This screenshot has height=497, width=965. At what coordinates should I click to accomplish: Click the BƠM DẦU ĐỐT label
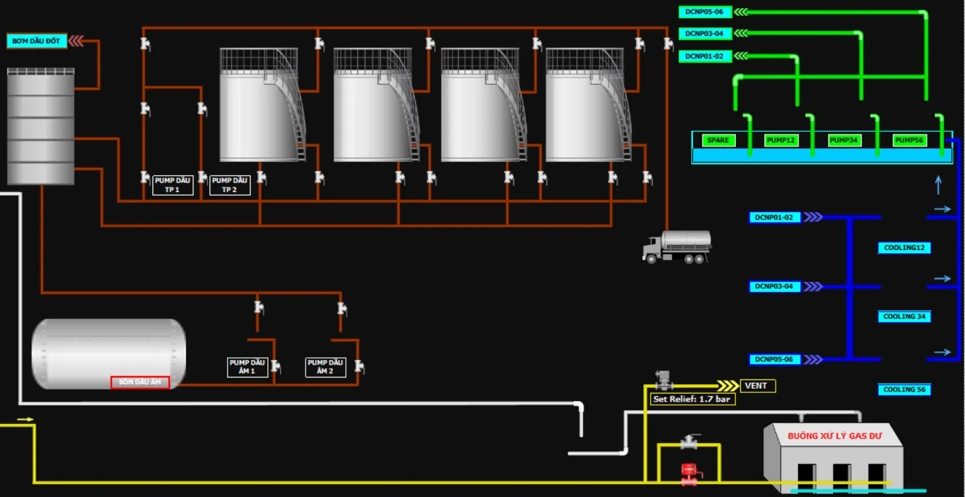pyautogui.click(x=37, y=41)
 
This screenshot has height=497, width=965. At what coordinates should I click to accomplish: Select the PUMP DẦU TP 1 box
pyautogui.click(x=173, y=185)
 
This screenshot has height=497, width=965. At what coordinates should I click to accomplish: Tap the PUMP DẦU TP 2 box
pyautogui.click(x=230, y=185)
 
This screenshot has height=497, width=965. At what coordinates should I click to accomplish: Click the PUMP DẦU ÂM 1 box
pyautogui.click(x=247, y=367)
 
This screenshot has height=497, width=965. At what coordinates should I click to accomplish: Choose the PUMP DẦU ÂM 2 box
pyautogui.click(x=325, y=367)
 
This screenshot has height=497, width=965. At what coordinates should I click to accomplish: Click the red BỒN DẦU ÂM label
pyautogui.click(x=140, y=382)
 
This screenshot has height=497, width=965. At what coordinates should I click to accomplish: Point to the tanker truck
pyautogui.click(x=677, y=246)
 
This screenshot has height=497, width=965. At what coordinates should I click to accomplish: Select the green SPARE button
pyautogui.click(x=718, y=140)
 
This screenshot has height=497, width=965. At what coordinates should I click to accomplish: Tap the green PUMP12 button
pyautogui.click(x=781, y=140)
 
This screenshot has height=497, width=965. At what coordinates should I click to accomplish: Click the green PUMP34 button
pyautogui.click(x=844, y=140)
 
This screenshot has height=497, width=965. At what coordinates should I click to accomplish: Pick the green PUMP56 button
pyautogui.click(x=909, y=140)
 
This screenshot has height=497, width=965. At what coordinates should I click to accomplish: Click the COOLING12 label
pyautogui.click(x=905, y=248)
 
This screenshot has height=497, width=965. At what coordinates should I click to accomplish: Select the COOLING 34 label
pyautogui.click(x=905, y=316)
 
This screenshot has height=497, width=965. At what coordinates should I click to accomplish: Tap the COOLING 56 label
pyautogui.click(x=905, y=390)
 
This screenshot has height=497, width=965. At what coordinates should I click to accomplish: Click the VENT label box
pyautogui.click(x=757, y=386)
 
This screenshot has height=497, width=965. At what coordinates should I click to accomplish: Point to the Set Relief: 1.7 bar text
pyautogui.click(x=692, y=399)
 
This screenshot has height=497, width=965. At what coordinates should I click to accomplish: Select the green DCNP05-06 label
pyautogui.click(x=705, y=12)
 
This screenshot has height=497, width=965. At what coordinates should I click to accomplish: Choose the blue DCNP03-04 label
pyautogui.click(x=774, y=286)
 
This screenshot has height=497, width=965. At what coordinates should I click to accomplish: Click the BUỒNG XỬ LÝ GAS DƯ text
pyautogui.click(x=835, y=436)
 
